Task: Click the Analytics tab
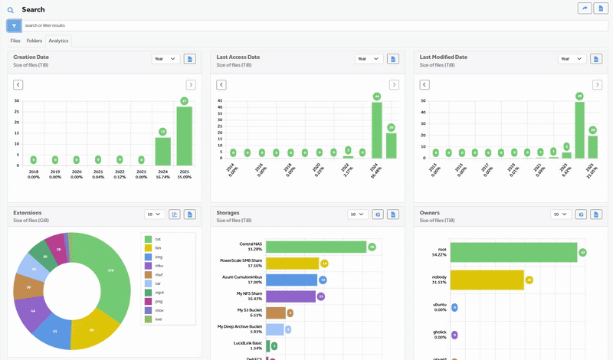58,41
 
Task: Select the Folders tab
34,41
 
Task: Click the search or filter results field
306,25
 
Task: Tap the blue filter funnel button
14,25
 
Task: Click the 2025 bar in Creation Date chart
185,136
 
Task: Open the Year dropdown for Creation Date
165,58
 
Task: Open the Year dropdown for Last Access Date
369,58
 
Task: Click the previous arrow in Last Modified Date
425,85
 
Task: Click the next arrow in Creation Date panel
191,85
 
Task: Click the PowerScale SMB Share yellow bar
292,263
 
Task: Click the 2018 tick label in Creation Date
33,172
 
